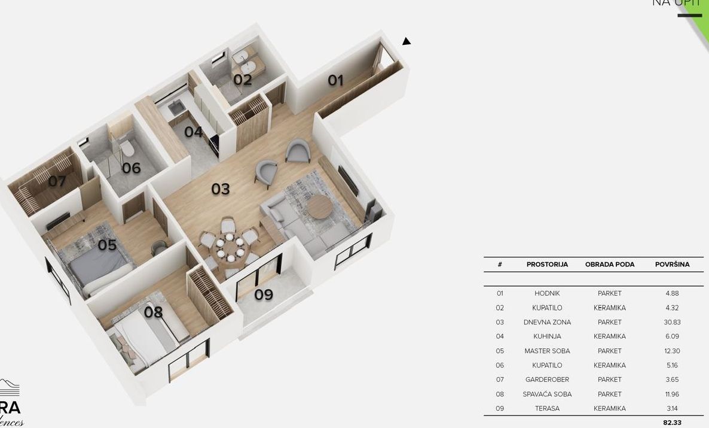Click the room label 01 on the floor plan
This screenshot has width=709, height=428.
(x=335, y=80)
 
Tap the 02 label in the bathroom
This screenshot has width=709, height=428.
(x=243, y=80)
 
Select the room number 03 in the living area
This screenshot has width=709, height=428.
(x=221, y=189)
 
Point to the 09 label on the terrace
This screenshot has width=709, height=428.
(x=264, y=295)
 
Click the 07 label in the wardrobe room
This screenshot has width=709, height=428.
(x=57, y=181)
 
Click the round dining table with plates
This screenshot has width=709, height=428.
(x=228, y=246)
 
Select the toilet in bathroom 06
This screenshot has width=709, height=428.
(x=126, y=147)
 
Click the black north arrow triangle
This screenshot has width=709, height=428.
(x=407, y=41)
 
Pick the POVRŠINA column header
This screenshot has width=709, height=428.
(x=672, y=265)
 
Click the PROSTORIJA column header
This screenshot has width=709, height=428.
(x=547, y=265)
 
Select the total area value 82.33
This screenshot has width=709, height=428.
(x=672, y=423)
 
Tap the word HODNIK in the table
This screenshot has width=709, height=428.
(x=547, y=293)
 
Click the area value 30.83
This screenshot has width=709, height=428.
(x=672, y=322)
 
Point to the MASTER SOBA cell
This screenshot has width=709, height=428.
(x=547, y=351)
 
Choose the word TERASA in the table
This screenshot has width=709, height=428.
(x=547, y=408)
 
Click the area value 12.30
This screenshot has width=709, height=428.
(x=672, y=351)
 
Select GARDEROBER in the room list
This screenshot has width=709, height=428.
(x=547, y=380)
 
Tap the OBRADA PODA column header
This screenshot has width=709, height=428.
(x=610, y=265)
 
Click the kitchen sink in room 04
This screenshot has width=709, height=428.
(x=176, y=108)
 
